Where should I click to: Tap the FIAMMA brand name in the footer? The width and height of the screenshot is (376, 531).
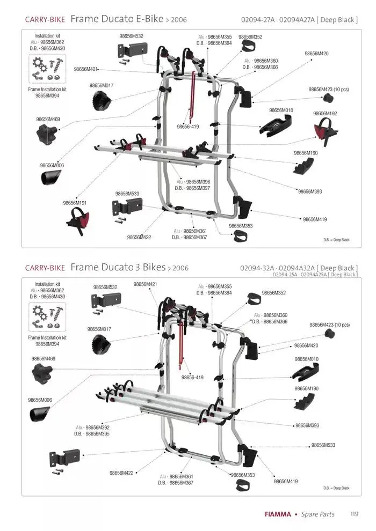click(278, 514)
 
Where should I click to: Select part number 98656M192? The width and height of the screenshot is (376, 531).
click(325, 114)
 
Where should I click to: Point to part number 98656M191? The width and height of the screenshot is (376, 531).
click(75, 203)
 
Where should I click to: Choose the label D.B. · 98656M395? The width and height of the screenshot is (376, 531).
click(92, 433)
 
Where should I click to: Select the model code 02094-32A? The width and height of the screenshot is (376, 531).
click(257, 268)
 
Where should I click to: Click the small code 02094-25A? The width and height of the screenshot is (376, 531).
click(286, 275)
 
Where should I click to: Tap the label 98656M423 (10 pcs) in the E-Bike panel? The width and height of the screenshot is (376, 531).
click(328, 90)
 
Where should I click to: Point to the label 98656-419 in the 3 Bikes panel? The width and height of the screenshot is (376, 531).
click(192, 378)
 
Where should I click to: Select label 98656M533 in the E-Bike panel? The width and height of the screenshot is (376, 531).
click(127, 194)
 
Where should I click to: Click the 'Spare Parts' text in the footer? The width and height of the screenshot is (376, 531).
click(317, 514)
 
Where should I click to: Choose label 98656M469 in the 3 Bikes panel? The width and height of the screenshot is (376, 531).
click(44, 358)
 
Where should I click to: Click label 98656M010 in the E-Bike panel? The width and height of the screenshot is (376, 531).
click(281, 110)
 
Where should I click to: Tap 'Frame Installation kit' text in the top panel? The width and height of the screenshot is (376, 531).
click(47, 90)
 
